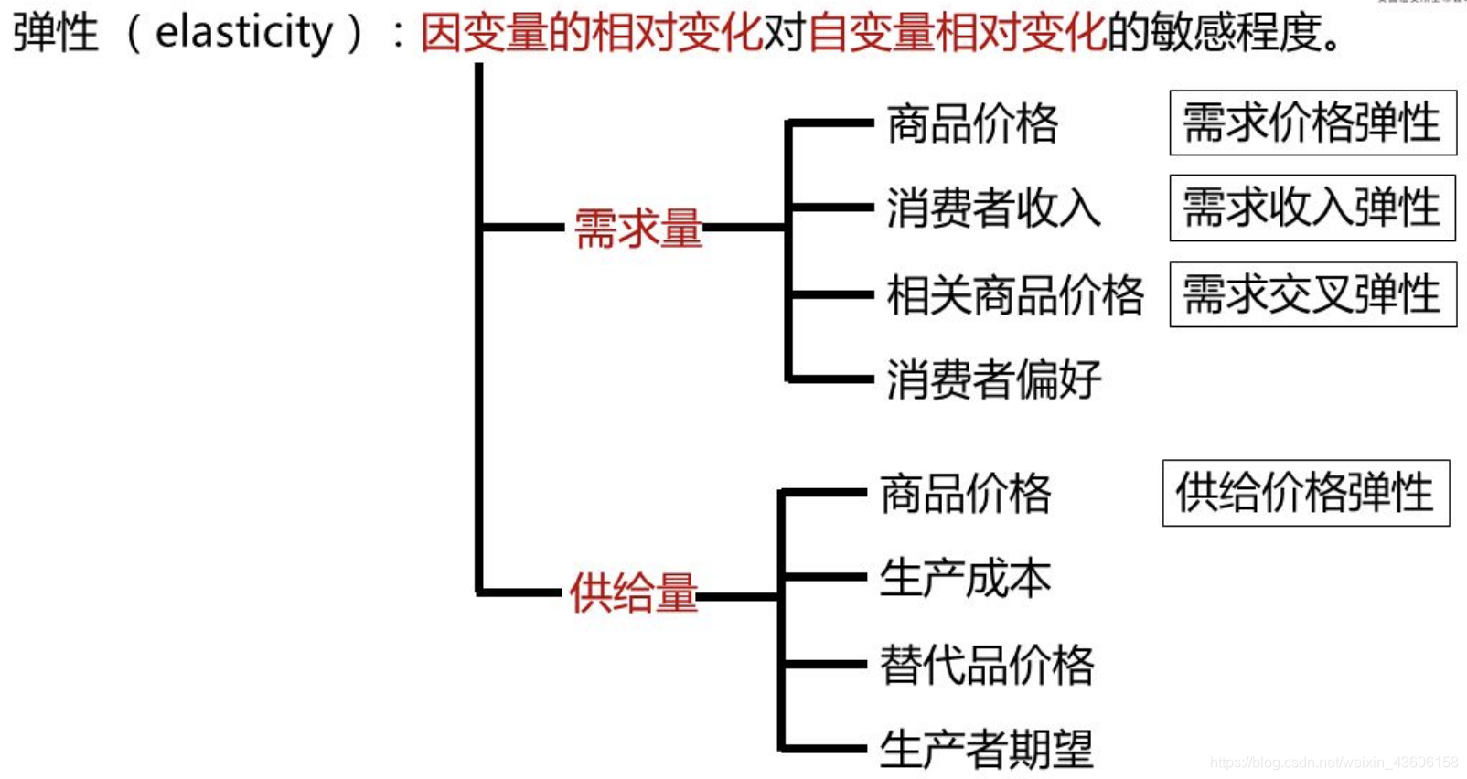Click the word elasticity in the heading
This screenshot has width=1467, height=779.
click(x=244, y=33)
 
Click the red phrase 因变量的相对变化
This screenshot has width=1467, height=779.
click(x=591, y=33)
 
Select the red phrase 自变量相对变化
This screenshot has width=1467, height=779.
click(x=957, y=33)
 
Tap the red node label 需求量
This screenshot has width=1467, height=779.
click(x=638, y=228)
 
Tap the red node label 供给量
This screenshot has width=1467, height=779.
click(x=633, y=592)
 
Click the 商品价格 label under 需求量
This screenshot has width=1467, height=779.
click(x=972, y=123)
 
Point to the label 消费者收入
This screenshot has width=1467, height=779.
click(x=993, y=208)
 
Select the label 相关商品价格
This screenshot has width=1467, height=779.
click(x=1015, y=294)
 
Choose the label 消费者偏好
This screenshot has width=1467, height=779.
click(x=993, y=379)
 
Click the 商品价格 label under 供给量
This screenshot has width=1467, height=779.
click(x=966, y=494)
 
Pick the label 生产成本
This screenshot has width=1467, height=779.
click(x=966, y=579)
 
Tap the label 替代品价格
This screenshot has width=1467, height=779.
click(x=987, y=665)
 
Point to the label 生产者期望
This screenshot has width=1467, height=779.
click(x=987, y=750)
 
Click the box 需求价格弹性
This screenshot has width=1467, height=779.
click(x=1312, y=123)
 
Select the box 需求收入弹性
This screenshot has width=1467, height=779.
click(x=1312, y=208)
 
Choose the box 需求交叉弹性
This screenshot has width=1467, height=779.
click(x=1312, y=294)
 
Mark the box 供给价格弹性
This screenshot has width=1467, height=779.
click(x=1305, y=493)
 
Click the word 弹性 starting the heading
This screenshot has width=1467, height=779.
click(x=55, y=33)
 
